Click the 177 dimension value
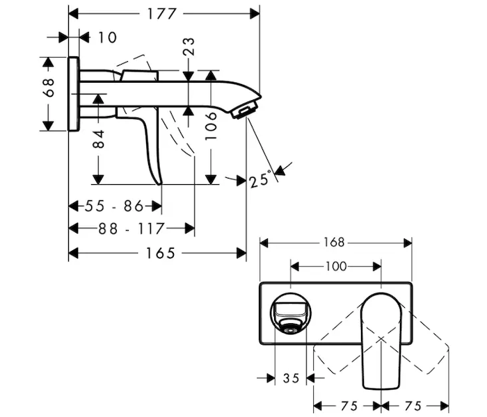[161, 14]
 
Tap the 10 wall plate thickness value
[107, 38]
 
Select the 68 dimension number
[49, 88]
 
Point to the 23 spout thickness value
[189, 47]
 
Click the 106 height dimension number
[211, 126]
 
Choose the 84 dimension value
[99, 139]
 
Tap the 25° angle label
[260, 179]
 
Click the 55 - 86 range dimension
[114, 206]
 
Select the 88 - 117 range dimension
[131, 229]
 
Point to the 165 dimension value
[161, 253]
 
